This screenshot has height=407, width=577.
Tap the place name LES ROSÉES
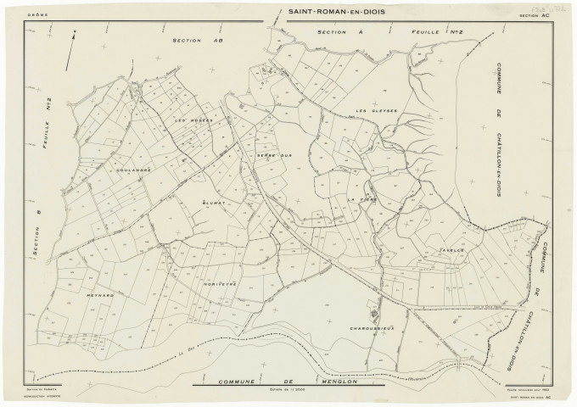[193, 120]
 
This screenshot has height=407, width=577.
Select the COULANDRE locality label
[134, 170]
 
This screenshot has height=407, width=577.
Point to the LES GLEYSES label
[372, 110]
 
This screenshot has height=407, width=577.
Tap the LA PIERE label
[362, 198]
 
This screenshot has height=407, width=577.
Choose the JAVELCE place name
[453, 252]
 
